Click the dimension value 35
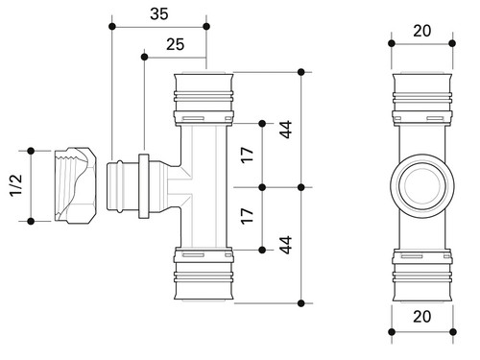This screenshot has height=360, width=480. coord(159,13)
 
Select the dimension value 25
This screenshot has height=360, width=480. coord(175,44)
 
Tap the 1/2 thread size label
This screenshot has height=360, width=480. coord(16,185)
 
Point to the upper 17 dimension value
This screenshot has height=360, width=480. coord(247,156)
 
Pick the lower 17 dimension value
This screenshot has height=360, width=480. coord(247,216)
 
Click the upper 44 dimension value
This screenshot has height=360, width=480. coord(285,130)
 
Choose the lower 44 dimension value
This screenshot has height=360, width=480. coord(285,245)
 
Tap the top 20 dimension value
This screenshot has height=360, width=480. coord(422,31)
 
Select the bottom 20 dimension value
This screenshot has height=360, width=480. coord(422,317)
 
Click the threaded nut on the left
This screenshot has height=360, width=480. coord(75,185)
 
